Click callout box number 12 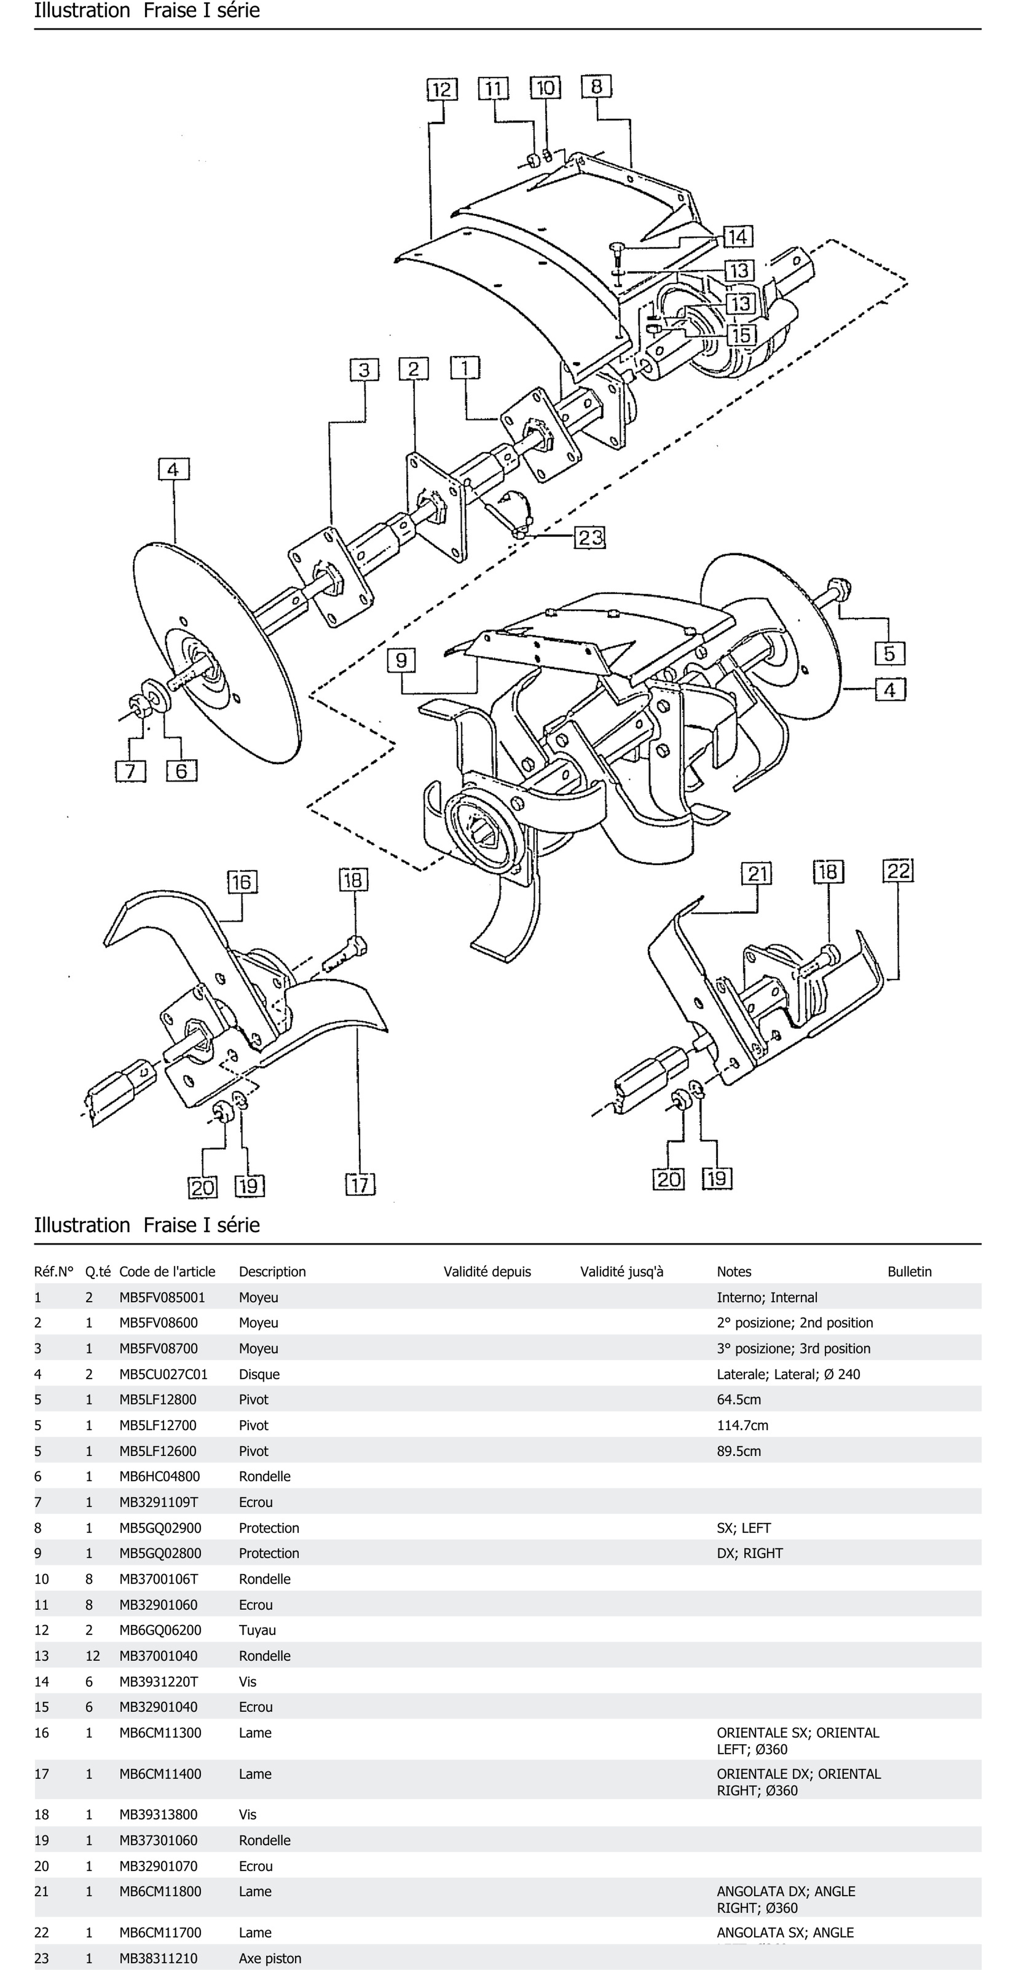442,89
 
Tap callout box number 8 596,86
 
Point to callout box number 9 401,660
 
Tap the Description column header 272,1272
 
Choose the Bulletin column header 909,1272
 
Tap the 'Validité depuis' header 487,1272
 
